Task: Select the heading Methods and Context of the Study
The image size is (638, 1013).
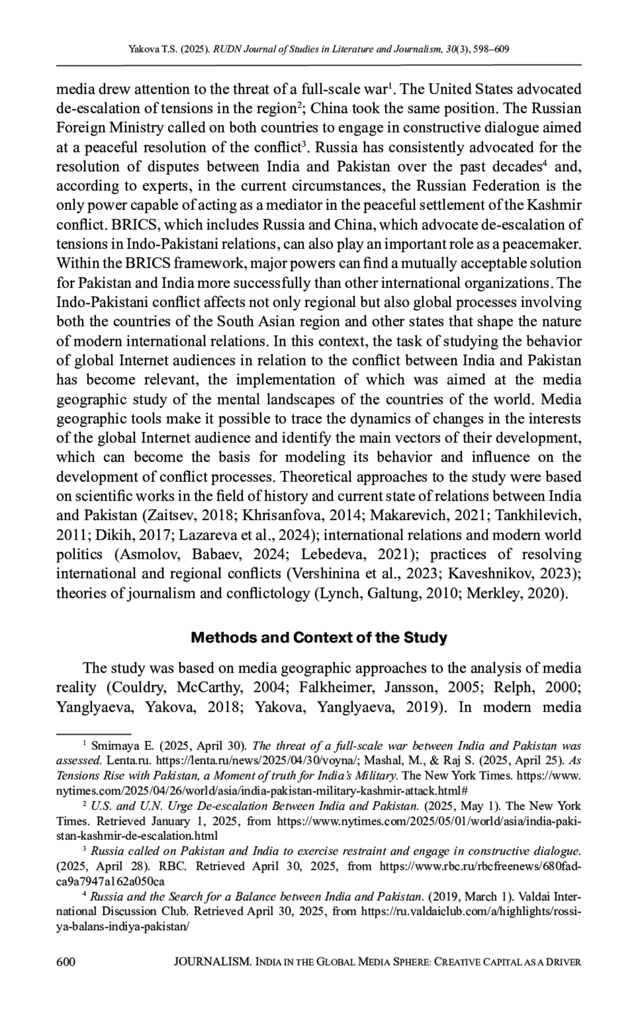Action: (318, 637)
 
